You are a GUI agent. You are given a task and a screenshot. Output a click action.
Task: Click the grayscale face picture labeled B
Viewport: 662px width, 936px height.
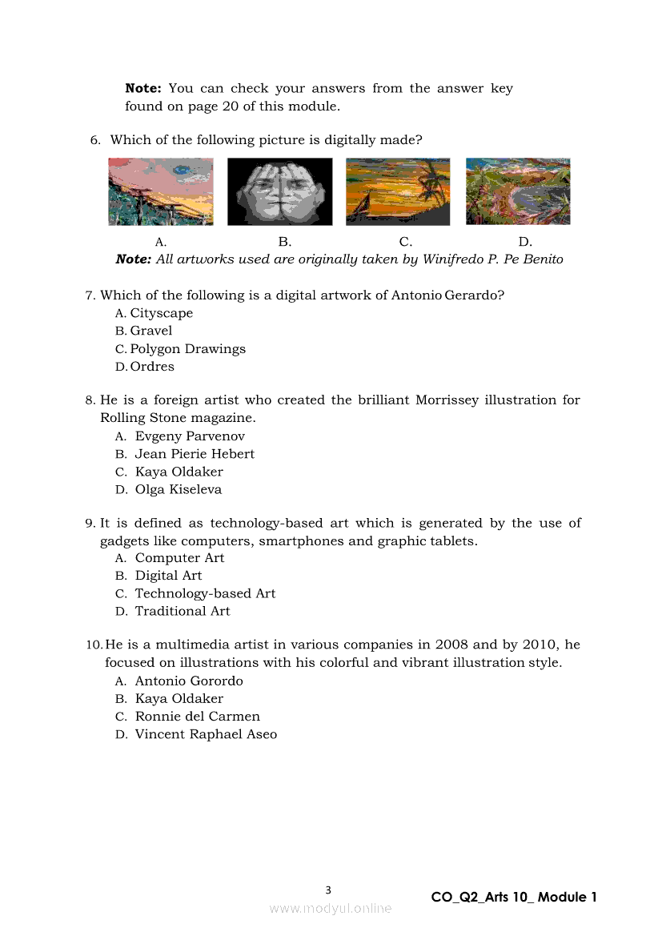tap(279, 191)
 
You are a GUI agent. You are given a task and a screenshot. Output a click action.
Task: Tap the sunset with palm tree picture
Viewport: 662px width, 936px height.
tap(398, 191)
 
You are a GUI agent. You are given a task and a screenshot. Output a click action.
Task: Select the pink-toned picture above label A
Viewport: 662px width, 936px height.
tap(161, 191)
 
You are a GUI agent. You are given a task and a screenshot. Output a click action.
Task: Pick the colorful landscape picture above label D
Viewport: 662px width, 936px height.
tap(518, 191)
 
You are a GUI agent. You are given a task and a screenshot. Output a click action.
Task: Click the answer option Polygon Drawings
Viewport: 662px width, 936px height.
tap(187, 349)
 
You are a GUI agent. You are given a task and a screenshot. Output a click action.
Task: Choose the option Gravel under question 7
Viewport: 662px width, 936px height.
tap(150, 331)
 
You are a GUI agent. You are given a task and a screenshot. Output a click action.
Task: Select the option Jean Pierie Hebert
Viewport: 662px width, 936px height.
tap(195, 454)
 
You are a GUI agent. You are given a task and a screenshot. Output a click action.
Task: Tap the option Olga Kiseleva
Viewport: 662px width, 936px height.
tap(178, 489)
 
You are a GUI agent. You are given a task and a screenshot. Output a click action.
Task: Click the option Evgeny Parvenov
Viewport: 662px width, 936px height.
tap(190, 436)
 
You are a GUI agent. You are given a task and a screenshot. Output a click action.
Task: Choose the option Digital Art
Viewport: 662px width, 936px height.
tap(168, 576)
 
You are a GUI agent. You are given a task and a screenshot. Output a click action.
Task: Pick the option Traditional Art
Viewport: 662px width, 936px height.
tap(182, 611)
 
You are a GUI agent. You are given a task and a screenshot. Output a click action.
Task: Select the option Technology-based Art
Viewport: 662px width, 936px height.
tap(205, 593)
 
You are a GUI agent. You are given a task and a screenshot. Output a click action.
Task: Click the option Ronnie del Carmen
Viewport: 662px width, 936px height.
tap(197, 717)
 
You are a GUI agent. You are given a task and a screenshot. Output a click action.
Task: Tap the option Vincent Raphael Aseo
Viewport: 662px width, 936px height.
tap(206, 734)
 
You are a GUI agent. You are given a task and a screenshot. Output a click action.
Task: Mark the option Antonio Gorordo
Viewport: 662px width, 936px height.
tap(189, 681)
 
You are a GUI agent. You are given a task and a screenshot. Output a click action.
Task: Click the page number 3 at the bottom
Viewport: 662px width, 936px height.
tap(328, 890)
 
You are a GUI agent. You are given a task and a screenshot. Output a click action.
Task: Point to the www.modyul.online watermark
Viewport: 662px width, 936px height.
tap(331, 908)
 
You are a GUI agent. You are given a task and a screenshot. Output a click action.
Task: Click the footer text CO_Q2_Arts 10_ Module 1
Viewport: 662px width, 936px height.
tap(514, 898)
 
